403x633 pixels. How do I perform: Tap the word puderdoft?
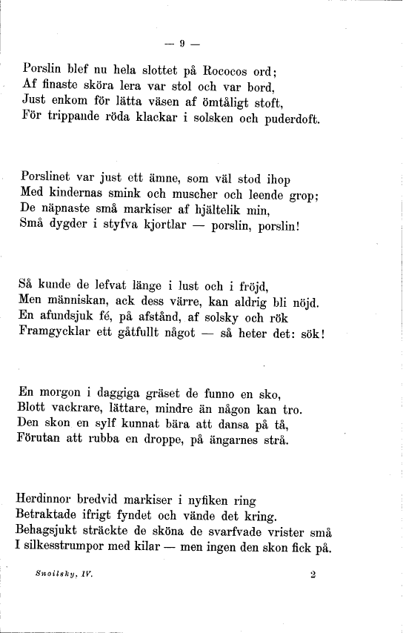tap(293, 119)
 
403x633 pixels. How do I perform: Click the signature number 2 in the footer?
tap(314, 573)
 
